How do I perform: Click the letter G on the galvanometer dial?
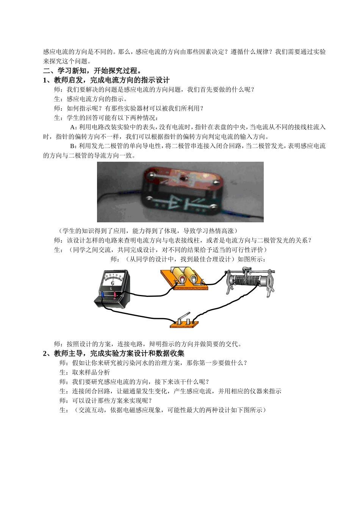(x=112, y=283)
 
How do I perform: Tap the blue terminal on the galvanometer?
(x=103, y=295)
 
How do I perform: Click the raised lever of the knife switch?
(x=185, y=317)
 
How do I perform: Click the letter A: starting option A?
(x=74, y=127)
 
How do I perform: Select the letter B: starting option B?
(x=74, y=146)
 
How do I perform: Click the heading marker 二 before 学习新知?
(x=46, y=71)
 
